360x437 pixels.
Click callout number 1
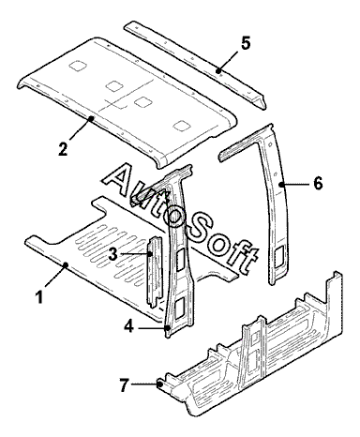pyautogui.click(x=39, y=296)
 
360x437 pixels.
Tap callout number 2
pyautogui.click(x=63, y=148)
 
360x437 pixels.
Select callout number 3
pyautogui.click(x=112, y=254)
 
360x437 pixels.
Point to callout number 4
pyautogui.click(x=128, y=327)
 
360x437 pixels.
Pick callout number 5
pyautogui.click(x=246, y=43)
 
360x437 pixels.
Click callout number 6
pyautogui.click(x=318, y=184)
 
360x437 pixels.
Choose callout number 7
pyautogui.click(x=124, y=384)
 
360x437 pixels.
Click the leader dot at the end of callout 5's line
pyautogui.click(x=218, y=71)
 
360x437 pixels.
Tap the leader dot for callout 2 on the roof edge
pyautogui.click(x=91, y=118)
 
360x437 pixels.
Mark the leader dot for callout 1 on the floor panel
pyautogui.click(x=66, y=265)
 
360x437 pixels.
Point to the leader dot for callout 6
pyautogui.click(x=282, y=185)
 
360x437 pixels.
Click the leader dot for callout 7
pyautogui.click(x=160, y=384)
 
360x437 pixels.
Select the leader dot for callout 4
pyautogui.click(x=168, y=327)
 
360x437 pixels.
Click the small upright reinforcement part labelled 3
pyautogui.click(x=155, y=271)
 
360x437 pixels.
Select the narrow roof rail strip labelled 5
pyautogui.click(x=195, y=64)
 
